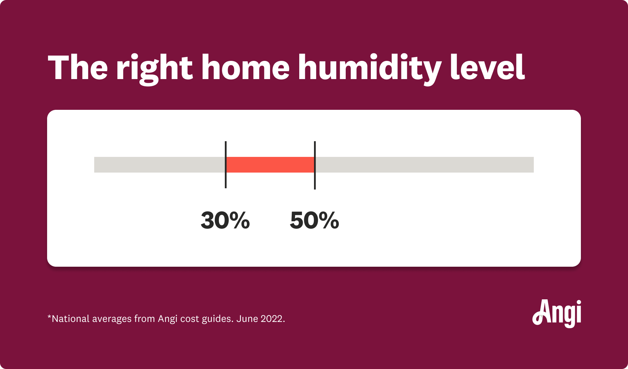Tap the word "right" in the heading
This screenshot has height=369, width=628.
click(x=154, y=69)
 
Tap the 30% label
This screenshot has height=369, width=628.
click(x=225, y=220)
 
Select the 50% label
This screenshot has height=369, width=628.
click(x=314, y=220)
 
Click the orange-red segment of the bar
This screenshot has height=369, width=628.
click(x=270, y=165)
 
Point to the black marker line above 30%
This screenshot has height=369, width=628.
click(x=225, y=165)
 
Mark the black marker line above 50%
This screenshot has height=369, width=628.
click(x=315, y=165)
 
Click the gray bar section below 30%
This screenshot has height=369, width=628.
click(x=160, y=165)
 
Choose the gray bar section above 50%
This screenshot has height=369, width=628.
click(x=425, y=165)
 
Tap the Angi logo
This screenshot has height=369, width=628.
click(x=557, y=314)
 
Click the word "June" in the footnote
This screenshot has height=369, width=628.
click(x=247, y=319)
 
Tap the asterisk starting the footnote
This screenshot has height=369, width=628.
click(x=49, y=317)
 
